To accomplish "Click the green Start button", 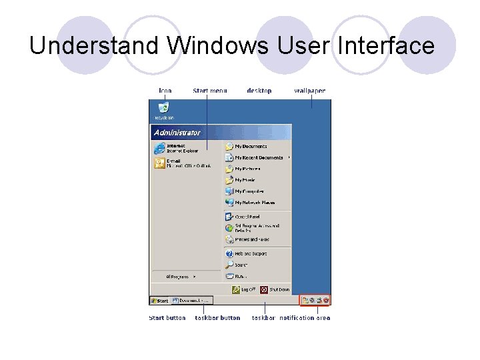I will coord(159,301).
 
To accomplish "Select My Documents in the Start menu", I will coord(250,146).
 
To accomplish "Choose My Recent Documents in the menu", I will coord(258,158).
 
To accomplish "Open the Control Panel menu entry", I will coord(247,217).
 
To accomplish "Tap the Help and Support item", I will coord(250,253).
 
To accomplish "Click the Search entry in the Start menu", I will coord(241,265).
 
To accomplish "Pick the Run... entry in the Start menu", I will coord(240,276).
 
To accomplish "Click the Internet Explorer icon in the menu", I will coord(159,148).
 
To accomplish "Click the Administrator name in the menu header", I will coord(177,132).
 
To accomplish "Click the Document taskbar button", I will coord(191,301).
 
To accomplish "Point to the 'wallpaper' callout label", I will coord(309,91).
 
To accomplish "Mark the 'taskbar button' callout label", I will coord(217,318).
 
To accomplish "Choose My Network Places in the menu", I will coord(254,203).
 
